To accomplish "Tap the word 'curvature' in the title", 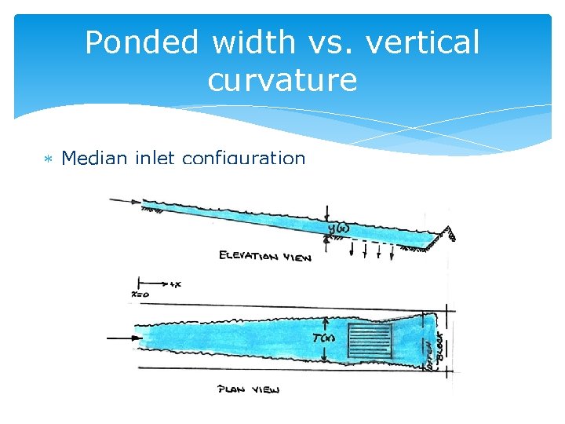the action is pos(282,79).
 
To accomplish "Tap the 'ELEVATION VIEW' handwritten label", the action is pos(265,256).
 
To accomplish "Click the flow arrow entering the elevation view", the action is pos(124,201).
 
